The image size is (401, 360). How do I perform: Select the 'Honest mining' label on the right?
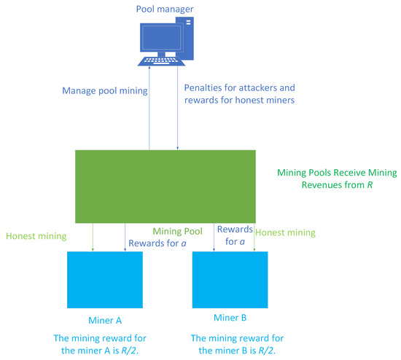[x=287, y=232]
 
